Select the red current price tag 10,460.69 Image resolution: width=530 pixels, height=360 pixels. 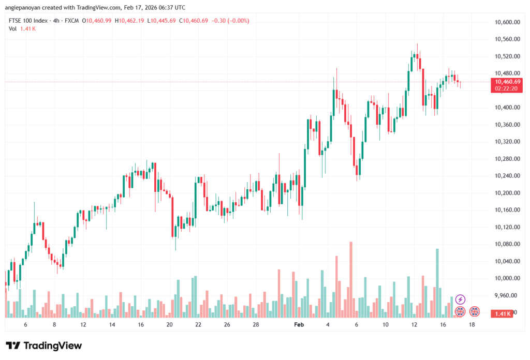pos(507,82)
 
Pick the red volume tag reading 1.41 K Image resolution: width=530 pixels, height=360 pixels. pos(504,313)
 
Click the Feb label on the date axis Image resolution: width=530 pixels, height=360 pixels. pos(299,325)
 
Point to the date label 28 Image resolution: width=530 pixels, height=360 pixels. pos(256,325)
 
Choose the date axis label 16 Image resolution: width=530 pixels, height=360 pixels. pos(443,325)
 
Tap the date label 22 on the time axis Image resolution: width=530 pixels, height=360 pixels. pos(198,325)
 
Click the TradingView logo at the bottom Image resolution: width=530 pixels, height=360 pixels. pos(44,346)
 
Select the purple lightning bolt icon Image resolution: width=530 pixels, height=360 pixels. pos(460,299)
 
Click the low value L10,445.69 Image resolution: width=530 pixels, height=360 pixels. pos(161,21)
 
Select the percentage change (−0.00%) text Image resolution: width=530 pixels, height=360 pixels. pos(235,21)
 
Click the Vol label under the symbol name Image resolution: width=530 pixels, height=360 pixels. pos(12,28)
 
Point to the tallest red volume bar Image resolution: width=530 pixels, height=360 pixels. pos(351,279)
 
